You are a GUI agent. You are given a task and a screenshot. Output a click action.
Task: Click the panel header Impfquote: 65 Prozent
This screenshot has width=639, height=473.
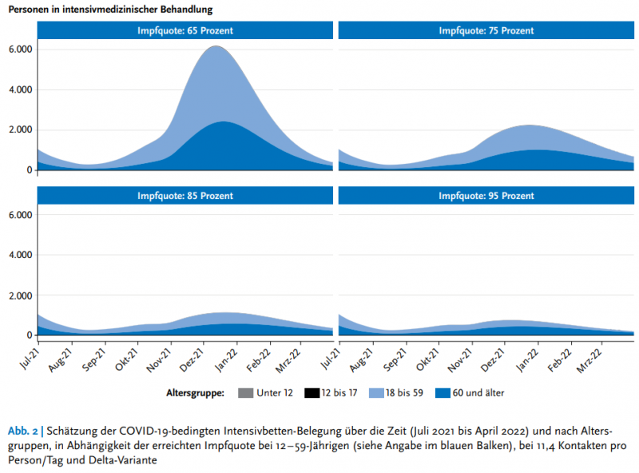pyautogui.click(x=185, y=31)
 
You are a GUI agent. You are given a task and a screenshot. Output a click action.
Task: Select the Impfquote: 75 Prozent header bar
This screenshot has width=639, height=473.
pyautogui.click(x=486, y=31)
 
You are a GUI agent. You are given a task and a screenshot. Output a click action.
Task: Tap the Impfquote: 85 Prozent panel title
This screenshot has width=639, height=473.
pyautogui.click(x=185, y=196)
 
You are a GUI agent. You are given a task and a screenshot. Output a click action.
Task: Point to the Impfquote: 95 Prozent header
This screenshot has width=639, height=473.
pyautogui.click(x=486, y=196)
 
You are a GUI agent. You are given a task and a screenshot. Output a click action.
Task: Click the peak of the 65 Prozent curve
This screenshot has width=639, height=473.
pyautogui.click(x=216, y=46)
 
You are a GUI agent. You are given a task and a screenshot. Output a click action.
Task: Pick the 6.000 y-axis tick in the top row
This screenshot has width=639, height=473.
pyautogui.click(x=20, y=50)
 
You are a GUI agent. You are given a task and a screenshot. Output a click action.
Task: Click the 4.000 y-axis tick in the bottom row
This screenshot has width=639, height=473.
pyautogui.click(x=20, y=255)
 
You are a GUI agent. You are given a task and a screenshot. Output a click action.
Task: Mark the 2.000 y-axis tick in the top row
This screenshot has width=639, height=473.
pyautogui.click(x=20, y=129)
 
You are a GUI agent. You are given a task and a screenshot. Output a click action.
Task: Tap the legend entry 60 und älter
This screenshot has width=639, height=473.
pyautogui.click(x=477, y=393)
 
